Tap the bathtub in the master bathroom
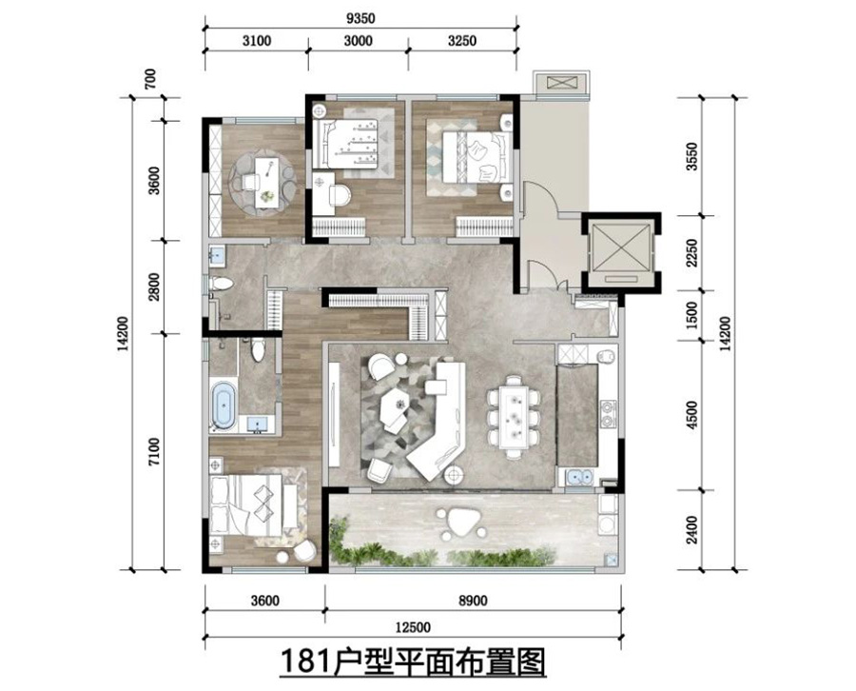coord(224,404)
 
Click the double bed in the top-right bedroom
coord(473,152)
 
